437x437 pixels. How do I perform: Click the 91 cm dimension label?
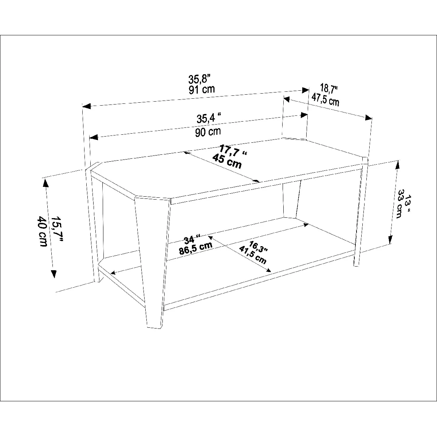point(202,90)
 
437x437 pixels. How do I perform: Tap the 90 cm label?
point(208,132)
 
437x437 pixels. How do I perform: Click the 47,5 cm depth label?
point(325,99)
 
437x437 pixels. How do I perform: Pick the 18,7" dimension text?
point(328,88)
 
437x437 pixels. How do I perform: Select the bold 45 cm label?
point(227,161)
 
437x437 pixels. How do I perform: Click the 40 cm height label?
point(42,231)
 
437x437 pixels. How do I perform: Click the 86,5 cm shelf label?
point(196,248)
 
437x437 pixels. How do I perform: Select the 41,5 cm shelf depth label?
point(253,255)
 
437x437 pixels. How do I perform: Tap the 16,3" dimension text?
point(258,247)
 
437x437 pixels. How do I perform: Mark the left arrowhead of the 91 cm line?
point(86,106)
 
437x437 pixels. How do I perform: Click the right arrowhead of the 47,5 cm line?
point(368,118)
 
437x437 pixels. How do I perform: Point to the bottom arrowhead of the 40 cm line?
point(54,274)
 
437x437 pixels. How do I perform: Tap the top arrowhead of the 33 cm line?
point(397,165)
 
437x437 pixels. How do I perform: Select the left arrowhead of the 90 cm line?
point(94,137)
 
